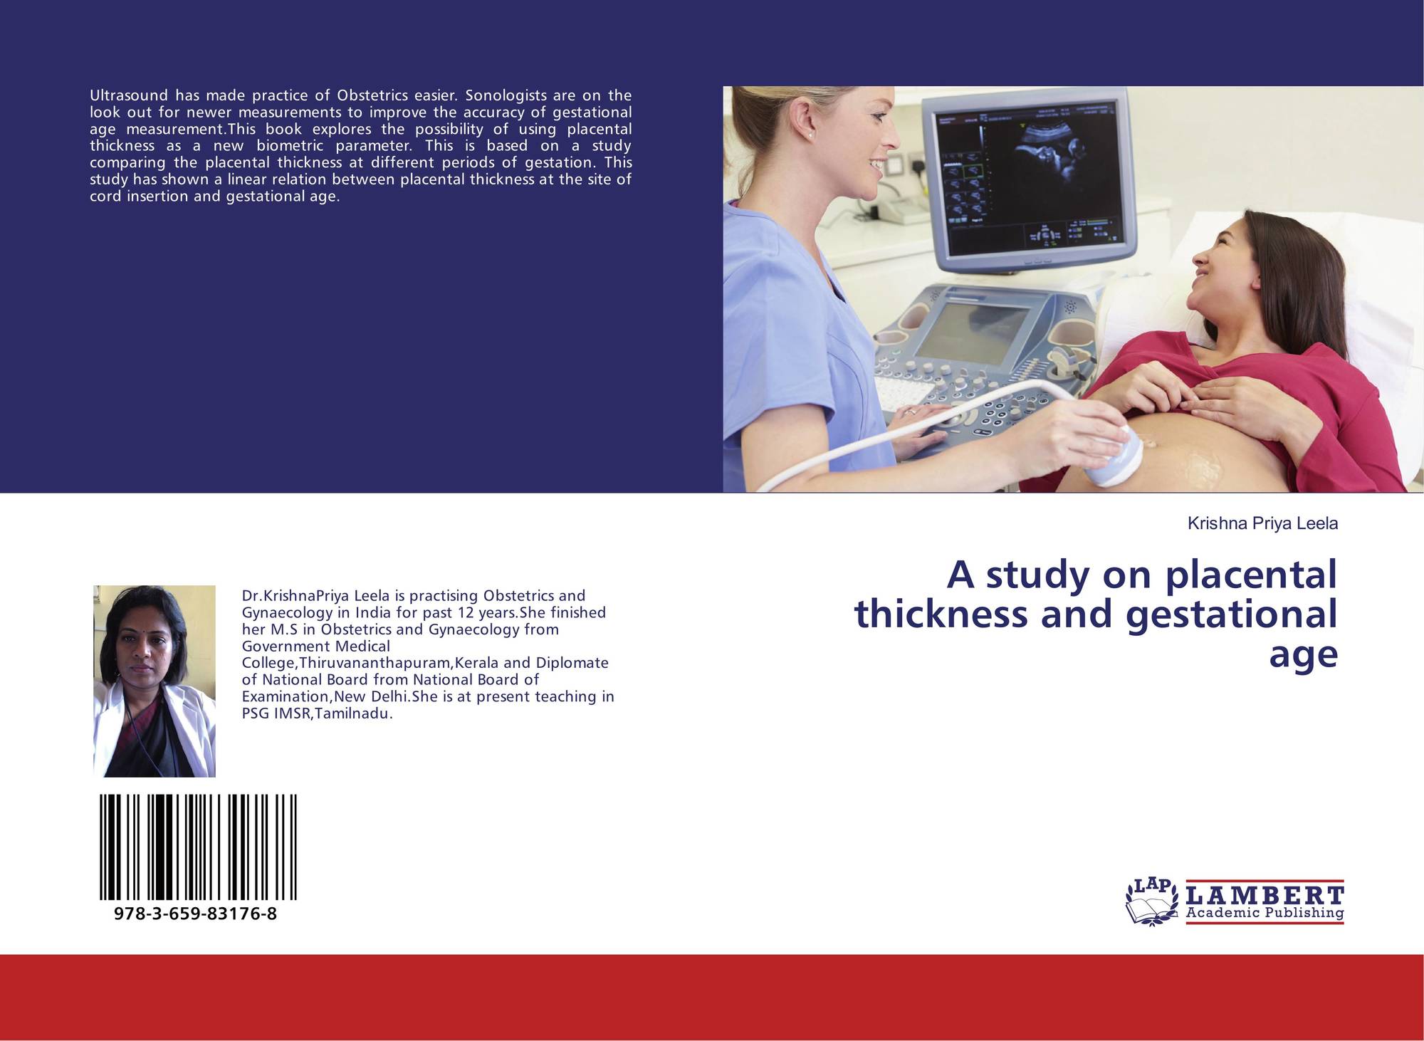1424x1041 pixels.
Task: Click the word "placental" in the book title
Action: [x=1252, y=576]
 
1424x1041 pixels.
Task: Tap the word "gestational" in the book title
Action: [x=1232, y=615]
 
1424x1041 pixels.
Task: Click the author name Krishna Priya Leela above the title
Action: [x=1262, y=524]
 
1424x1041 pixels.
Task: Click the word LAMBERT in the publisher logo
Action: [x=1265, y=895]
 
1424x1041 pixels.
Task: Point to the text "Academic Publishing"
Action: [x=1265, y=913]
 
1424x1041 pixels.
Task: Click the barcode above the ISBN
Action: [x=199, y=847]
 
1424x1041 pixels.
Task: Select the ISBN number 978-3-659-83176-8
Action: [x=195, y=914]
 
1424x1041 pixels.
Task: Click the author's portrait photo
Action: [x=155, y=681]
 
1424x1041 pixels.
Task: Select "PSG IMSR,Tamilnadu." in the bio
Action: [x=318, y=713]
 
